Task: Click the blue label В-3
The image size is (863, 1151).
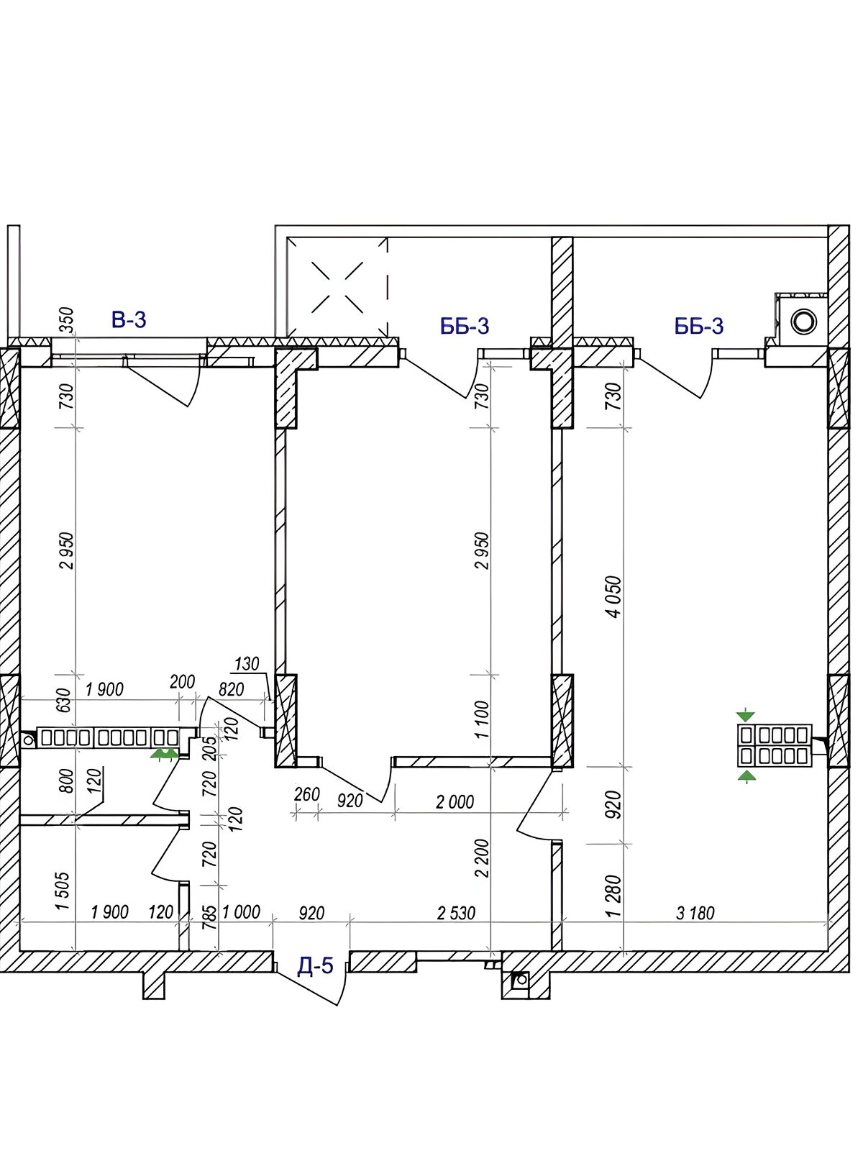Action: (x=129, y=319)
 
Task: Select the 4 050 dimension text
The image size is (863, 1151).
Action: (x=615, y=597)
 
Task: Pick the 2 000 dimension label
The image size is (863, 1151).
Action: (x=455, y=802)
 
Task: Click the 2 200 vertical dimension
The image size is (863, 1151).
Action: (x=482, y=858)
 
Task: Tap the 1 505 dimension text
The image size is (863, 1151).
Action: (x=62, y=891)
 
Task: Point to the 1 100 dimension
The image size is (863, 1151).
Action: (x=482, y=719)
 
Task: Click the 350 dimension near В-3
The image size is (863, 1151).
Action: (x=67, y=320)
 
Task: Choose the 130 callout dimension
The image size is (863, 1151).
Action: (x=247, y=664)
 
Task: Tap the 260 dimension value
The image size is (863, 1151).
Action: (x=306, y=794)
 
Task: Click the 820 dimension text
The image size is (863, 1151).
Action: (x=232, y=689)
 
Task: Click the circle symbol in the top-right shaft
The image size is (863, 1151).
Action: (x=803, y=320)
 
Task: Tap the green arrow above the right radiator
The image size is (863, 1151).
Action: (x=746, y=716)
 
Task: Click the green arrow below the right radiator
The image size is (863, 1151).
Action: (x=746, y=775)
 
